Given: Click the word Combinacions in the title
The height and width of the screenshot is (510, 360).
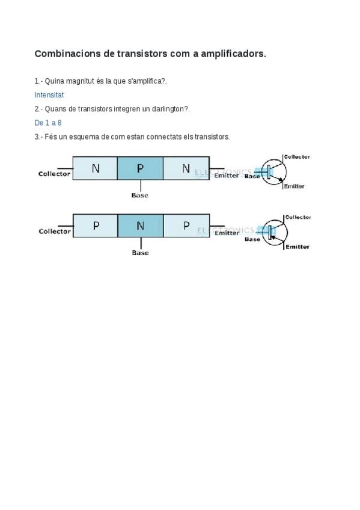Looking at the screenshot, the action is point(67,54).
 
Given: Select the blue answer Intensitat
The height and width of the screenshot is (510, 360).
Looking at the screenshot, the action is point(49,95).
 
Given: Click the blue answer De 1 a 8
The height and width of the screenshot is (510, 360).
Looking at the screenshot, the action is point(48,123).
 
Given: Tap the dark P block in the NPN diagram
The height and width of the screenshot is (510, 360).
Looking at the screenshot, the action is point(140,168).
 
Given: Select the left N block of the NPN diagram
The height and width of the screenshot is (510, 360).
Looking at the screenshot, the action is point(95,168).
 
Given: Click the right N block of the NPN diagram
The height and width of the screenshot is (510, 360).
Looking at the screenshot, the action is point(186,168).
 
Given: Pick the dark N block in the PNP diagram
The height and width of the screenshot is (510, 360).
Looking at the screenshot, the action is point(141,226).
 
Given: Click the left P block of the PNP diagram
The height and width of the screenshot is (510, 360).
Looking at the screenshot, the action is point(95,226).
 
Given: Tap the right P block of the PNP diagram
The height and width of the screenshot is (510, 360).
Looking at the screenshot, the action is point(186,226).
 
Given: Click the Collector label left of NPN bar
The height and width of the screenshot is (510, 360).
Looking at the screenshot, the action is point(54,174).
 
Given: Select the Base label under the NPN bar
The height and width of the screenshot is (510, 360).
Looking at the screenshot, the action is point(139,195).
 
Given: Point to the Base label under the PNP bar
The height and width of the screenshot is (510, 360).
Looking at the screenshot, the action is point(141,253).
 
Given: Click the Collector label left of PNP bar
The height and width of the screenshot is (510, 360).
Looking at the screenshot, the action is point(55,232).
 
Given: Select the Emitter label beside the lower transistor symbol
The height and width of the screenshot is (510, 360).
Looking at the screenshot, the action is point(297,247).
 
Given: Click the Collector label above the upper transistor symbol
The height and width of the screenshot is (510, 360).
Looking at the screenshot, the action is point(297,157).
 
